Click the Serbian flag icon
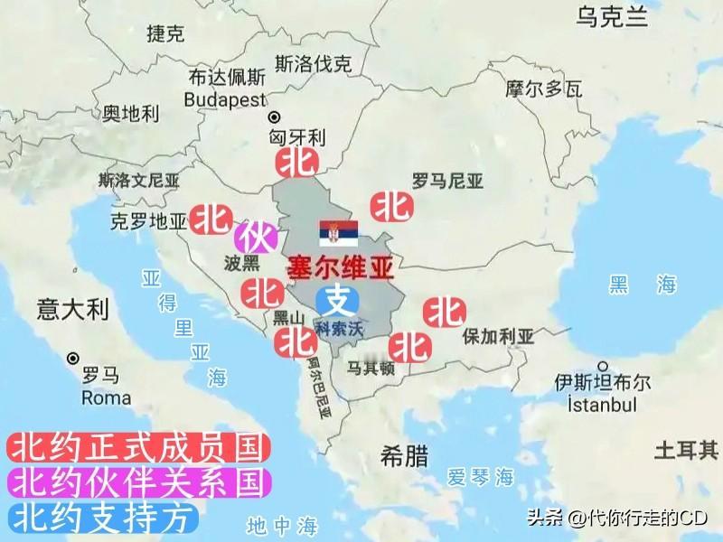[338, 233]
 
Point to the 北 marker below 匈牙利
[296, 164]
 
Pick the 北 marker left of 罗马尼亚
[392, 207]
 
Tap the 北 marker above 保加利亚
[445, 313]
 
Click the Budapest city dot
[273, 117]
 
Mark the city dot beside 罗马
[72, 359]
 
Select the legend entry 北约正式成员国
[138, 447]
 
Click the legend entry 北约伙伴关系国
[138, 481]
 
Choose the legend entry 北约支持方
[101, 517]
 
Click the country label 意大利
[72, 310]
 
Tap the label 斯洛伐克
[314, 64]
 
